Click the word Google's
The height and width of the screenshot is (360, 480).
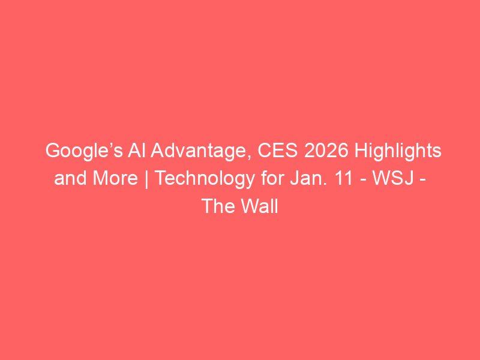(84, 152)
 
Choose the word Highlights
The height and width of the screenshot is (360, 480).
(398, 152)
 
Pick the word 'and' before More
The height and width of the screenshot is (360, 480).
(70, 178)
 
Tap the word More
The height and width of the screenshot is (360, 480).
(115, 178)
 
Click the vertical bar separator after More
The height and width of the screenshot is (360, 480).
(146, 179)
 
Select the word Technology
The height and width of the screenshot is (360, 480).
(205, 179)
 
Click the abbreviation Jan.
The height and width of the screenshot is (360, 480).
(305, 178)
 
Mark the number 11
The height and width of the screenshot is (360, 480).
(343, 178)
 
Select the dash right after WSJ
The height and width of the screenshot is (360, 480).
(422, 181)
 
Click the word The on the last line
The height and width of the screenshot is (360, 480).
(219, 206)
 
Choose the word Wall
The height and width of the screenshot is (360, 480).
(260, 206)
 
